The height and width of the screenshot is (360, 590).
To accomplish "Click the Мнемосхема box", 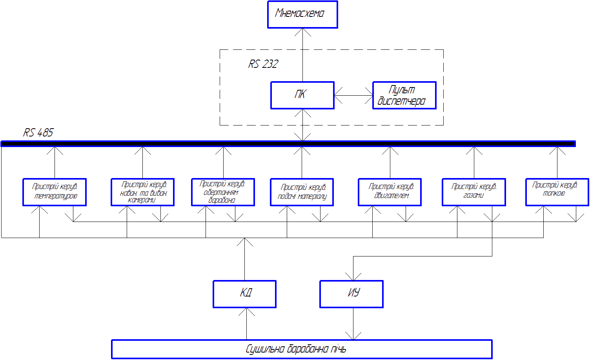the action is pyautogui.click(x=302, y=15).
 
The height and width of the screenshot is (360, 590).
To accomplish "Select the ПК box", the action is pyautogui.click(x=302, y=95).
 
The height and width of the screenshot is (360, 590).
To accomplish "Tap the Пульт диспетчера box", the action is pyautogui.click(x=404, y=95).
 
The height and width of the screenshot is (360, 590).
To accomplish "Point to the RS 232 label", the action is pyautogui.click(x=263, y=64).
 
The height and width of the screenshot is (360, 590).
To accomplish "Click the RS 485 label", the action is pyautogui.click(x=38, y=133).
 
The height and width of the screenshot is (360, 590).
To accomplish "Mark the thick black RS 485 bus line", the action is pyautogui.click(x=288, y=144).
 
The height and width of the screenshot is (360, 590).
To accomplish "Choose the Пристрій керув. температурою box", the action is pyautogui.click(x=55, y=192).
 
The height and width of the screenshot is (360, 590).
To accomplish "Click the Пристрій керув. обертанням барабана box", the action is pyautogui.click(x=223, y=192).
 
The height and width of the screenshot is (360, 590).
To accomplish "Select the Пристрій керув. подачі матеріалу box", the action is pyautogui.click(x=302, y=192).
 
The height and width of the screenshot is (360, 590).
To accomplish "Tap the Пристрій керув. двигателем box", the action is pyautogui.click(x=390, y=192).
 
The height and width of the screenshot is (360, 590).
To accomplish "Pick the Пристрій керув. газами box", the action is pyautogui.click(x=474, y=192).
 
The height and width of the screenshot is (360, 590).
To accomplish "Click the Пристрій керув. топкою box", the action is pyautogui.click(x=557, y=192).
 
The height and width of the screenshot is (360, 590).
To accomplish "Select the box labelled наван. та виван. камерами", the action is pyautogui.click(x=142, y=192).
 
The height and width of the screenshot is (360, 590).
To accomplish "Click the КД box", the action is pyautogui.click(x=244, y=294).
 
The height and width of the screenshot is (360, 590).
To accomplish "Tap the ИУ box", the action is pyautogui.click(x=351, y=294).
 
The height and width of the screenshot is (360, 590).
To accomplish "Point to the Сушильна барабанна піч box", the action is pyautogui.click(x=302, y=349).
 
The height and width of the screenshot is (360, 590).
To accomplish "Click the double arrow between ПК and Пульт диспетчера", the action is pyautogui.click(x=353, y=95).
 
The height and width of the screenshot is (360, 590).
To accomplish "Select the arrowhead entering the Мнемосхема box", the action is pyautogui.click(x=302, y=32).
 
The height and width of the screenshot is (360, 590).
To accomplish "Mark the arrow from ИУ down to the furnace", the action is pyautogui.click(x=353, y=324).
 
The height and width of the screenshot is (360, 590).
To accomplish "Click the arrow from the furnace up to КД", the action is pyautogui.click(x=246, y=324).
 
